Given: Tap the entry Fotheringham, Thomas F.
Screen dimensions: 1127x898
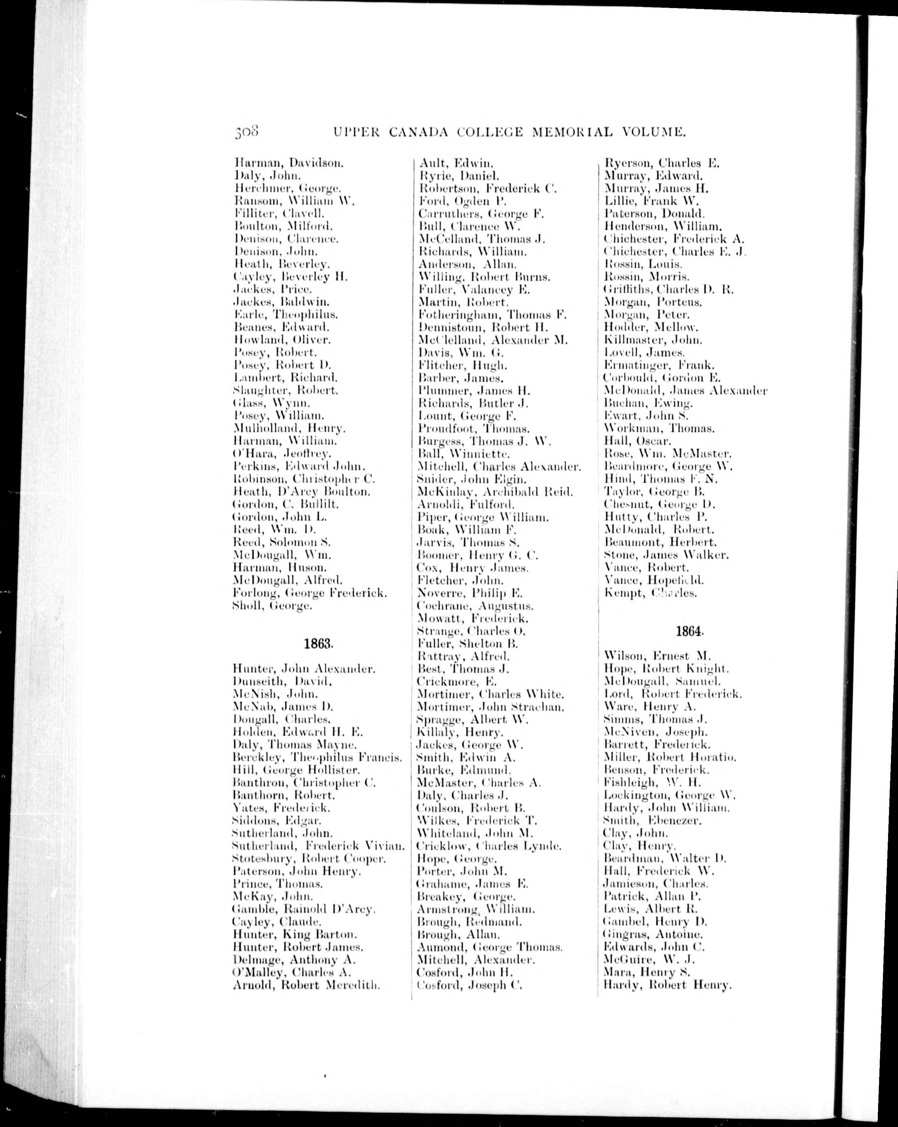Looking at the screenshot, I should click(x=493, y=315).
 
